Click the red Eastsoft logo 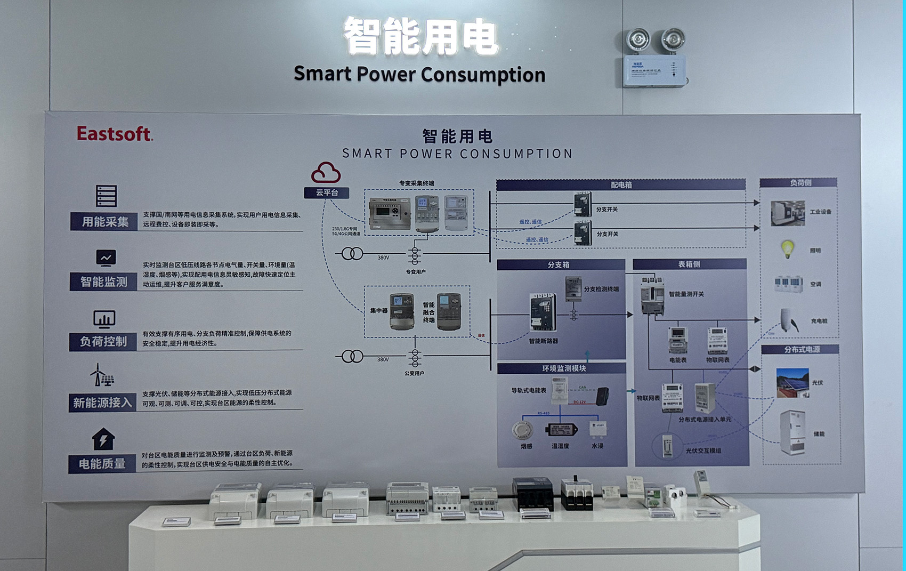coord(115,133)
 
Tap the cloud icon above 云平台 coord(326,173)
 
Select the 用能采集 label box coord(104,221)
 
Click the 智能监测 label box coord(103,282)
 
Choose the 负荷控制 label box coord(103,341)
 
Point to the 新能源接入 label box coord(102,403)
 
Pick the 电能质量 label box coord(102,464)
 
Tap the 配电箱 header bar coord(620,185)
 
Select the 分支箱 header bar coord(561,264)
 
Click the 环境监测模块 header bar coord(562,368)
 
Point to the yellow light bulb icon coord(787,249)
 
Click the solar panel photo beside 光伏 coord(792,382)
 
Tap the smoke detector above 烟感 coord(522,430)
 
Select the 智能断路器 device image coord(543,312)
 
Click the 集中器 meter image coord(401,311)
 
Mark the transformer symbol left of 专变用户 coord(352,254)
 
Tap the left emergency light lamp coord(638,40)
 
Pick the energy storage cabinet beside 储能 coord(792,432)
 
